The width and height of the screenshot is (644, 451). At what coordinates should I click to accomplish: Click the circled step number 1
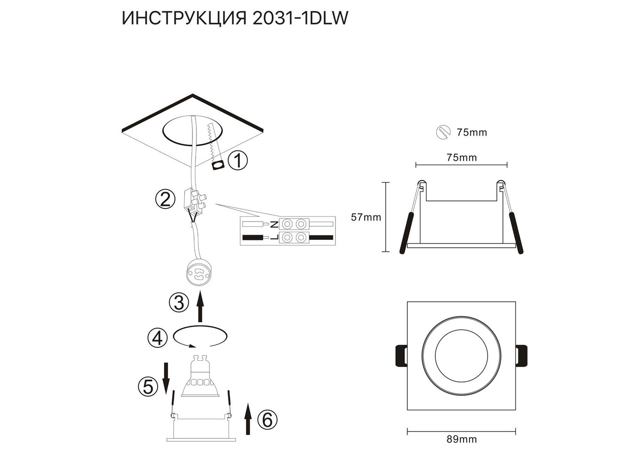point(238,161)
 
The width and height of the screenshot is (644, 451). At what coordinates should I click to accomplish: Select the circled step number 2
point(165,200)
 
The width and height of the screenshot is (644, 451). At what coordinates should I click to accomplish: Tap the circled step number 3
point(179,303)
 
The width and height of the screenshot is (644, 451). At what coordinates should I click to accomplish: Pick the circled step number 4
point(157,338)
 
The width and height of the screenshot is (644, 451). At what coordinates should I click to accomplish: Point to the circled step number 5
point(148,387)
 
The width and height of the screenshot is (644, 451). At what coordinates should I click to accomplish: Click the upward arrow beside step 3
point(200,306)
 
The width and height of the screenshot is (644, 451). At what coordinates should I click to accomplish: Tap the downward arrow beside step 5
point(166,378)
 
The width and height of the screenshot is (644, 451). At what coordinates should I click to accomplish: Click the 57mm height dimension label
point(366,217)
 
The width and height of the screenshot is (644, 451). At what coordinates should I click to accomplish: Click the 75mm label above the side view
point(462,157)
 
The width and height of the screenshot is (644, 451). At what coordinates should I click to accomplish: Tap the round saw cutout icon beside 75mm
point(443,132)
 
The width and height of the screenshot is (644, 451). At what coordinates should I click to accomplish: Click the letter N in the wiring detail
point(274,224)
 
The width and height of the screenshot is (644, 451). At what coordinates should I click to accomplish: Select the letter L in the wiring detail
point(274,238)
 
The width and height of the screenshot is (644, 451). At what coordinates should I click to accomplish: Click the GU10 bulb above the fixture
point(201,376)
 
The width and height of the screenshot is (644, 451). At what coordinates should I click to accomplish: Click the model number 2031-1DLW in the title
point(301,18)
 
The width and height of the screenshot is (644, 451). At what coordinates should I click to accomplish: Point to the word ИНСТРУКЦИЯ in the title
point(184,18)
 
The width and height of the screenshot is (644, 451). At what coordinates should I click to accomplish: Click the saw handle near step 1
point(218,166)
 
